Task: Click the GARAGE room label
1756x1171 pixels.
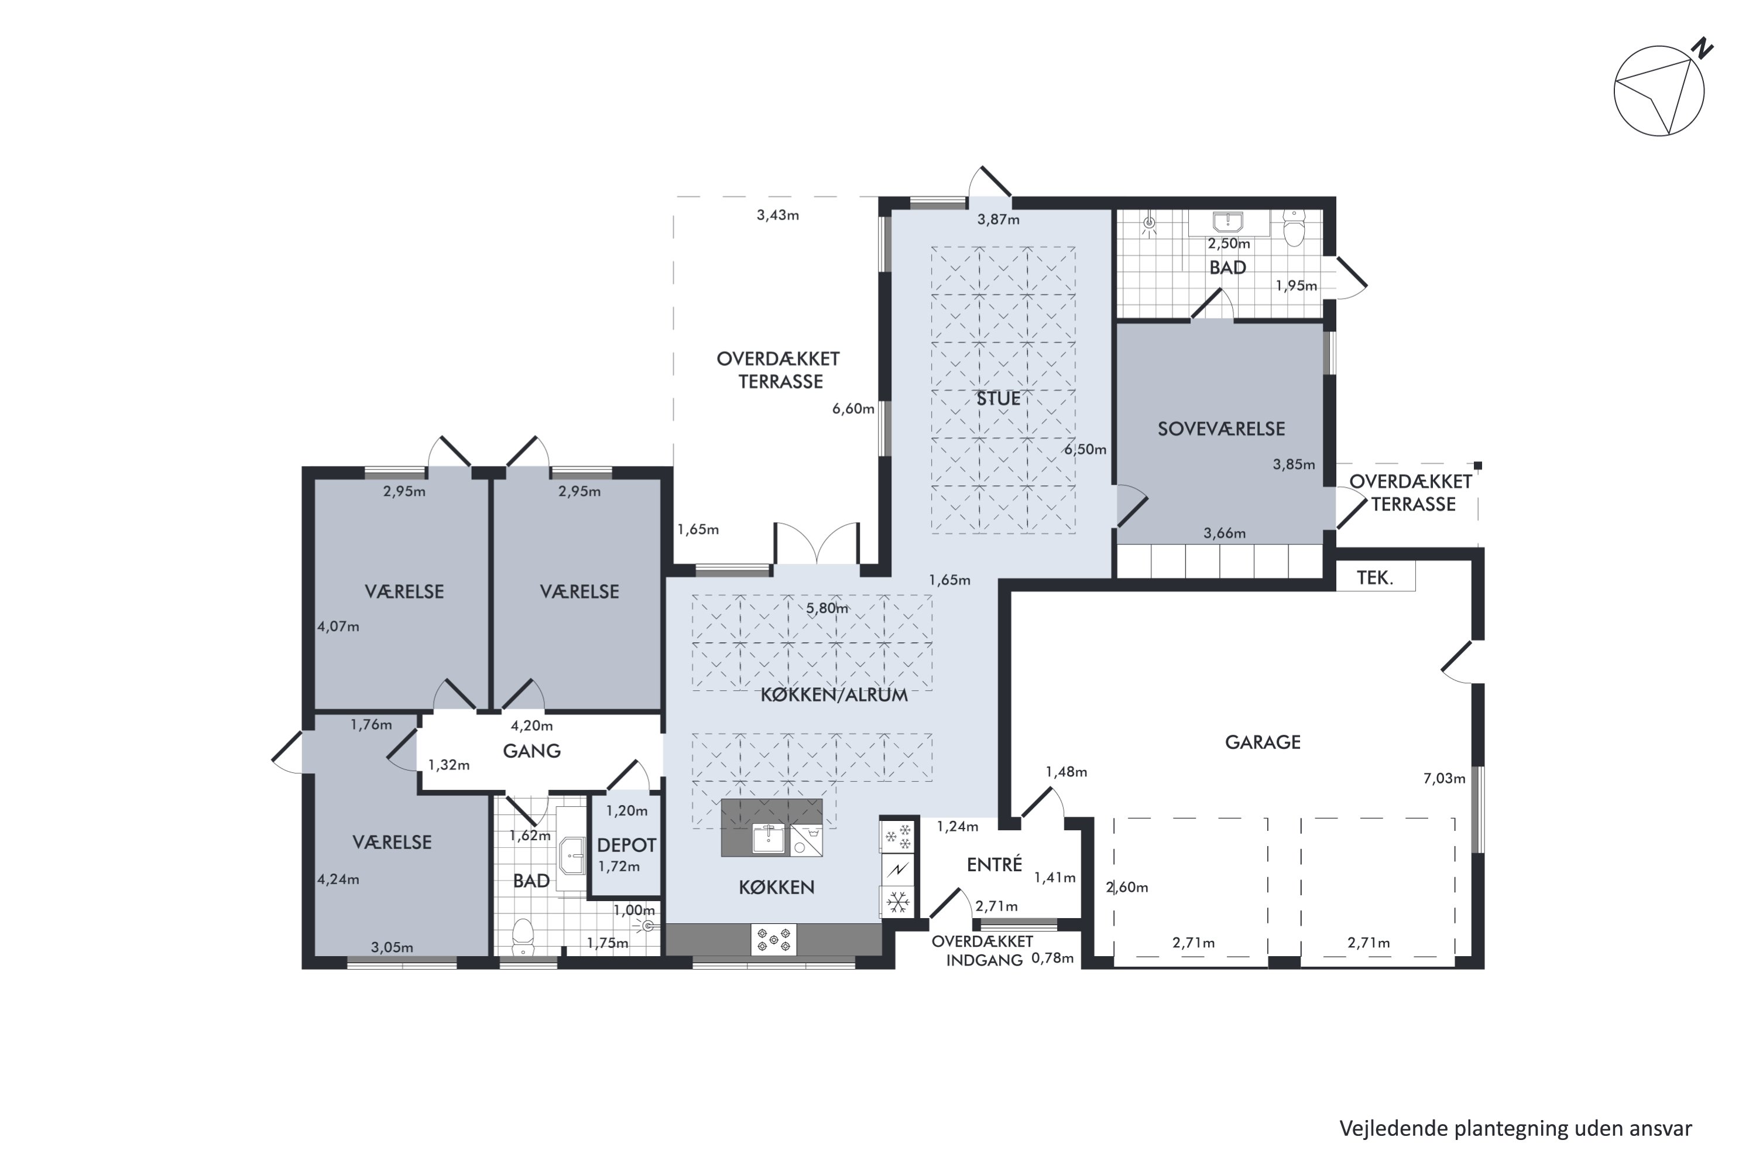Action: click(x=1263, y=742)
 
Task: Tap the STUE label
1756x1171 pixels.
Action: click(x=998, y=399)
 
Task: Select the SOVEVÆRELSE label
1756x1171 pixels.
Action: click(x=1222, y=429)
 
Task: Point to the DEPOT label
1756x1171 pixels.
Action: click(x=626, y=845)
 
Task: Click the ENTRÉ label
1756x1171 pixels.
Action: click(x=994, y=864)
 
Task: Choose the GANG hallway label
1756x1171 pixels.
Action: click(x=531, y=751)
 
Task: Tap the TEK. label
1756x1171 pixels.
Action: click(x=1375, y=577)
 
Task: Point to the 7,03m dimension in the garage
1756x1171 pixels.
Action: click(x=1444, y=778)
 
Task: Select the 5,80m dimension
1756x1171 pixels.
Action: click(x=827, y=608)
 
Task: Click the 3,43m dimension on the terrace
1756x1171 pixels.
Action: click(x=778, y=215)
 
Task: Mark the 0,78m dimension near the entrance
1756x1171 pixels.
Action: click(x=1052, y=958)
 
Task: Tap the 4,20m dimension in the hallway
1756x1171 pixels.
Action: click(x=531, y=725)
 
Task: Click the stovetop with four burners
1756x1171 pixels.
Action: click(x=773, y=940)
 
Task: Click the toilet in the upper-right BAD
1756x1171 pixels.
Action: click(x=1293, y=228)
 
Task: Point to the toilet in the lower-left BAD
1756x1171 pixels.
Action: click(x=523, y=936)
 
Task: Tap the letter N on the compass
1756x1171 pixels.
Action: click(x=1702, y=49)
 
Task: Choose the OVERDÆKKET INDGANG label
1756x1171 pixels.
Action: click(x=983, y=951)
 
